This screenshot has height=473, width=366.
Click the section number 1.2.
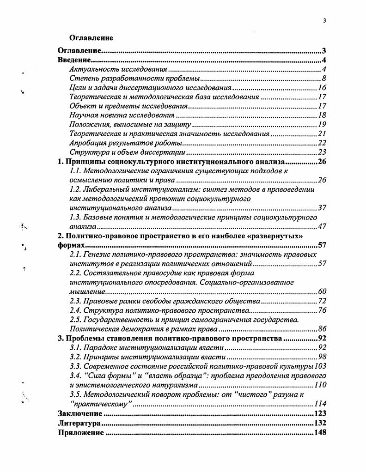tap(75, 190)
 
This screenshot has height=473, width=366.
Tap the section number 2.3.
tap(75, 301)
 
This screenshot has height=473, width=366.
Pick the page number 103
tap(320, 366)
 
